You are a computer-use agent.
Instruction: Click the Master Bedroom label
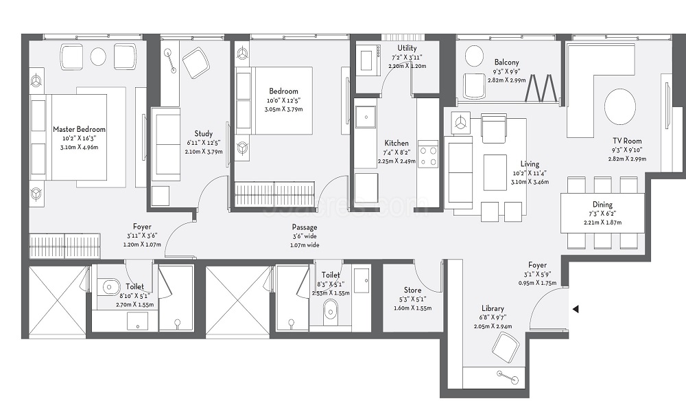[79, 129]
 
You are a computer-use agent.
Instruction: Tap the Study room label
[204, 133]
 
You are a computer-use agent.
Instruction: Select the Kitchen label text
[397, 144]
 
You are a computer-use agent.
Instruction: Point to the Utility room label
[407, 48]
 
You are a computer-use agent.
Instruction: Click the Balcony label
[507, 62]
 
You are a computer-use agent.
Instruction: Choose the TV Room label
[627, 141]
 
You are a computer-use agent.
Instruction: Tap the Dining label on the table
[602, 205]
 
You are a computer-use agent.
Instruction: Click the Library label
[493, 308]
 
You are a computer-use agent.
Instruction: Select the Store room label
[412, 290]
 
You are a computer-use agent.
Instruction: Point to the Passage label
[305, 227]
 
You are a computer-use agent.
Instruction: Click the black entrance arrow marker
[576, 309]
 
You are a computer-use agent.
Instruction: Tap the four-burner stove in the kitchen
[428, 154]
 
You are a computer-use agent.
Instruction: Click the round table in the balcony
[473, 56]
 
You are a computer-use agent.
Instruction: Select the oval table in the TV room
[620, 107]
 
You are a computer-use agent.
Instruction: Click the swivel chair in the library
[506, 345]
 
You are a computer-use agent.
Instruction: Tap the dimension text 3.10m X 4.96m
[79, 147]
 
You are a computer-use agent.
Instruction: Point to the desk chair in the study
[195, 62]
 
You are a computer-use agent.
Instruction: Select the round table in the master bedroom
[98, 56]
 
